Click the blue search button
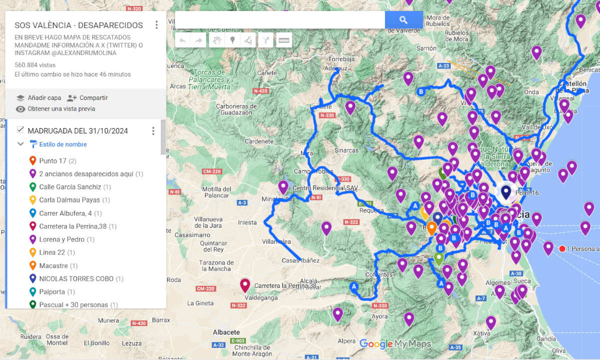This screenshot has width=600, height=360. click(403, 20)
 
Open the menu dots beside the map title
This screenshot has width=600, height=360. click(156, 25)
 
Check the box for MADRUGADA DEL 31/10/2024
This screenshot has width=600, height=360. click(20, 130)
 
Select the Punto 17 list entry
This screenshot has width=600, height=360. click(53, 161)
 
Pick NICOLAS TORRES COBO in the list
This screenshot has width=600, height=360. click(76, 278)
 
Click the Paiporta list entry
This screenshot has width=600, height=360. click(50, 291)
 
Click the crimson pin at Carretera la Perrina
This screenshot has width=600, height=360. click(244, 284)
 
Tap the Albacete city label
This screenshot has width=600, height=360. click(226, 332)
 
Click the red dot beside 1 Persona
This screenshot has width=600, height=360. click(562, 248)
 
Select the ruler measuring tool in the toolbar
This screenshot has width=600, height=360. click(284, 40)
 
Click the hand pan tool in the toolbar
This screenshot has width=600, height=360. click(216, 40)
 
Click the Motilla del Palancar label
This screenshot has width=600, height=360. click(218, 192)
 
